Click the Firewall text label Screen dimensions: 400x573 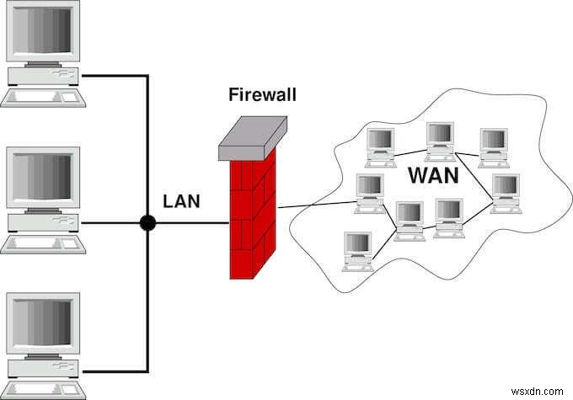[x=262, y=93]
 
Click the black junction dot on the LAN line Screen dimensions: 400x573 [x=148, y=223]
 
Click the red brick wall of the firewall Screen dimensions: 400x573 [x=251, y=219]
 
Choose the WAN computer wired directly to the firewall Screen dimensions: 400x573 [x=369, y=193]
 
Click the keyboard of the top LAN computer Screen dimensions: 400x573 [x=42, y=97]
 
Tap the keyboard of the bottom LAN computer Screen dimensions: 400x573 [x=42, y=389]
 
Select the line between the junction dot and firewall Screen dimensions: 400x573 [x=190, y=223]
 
